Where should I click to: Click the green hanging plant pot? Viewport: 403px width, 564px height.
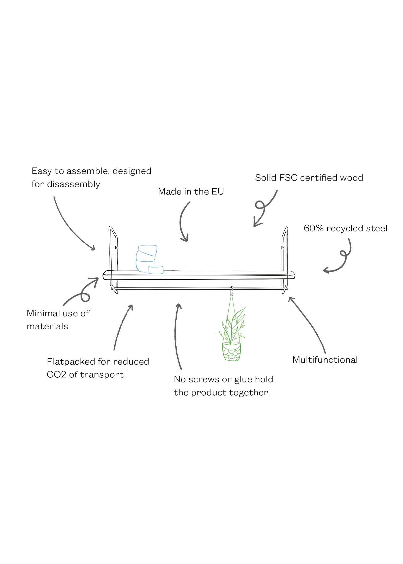click(x=231, y=351)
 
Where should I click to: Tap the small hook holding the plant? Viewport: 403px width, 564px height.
click(x=232, y=291)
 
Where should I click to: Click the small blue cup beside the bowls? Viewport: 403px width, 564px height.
click(x=156, y=270)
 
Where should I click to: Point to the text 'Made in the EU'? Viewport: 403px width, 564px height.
click(x=191, y=192)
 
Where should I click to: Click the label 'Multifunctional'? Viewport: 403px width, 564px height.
click(x=325, y=360)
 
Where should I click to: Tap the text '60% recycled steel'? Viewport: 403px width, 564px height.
click(x=345, y=228)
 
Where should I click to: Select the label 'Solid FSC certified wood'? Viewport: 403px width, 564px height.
click(x=309, y=178)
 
